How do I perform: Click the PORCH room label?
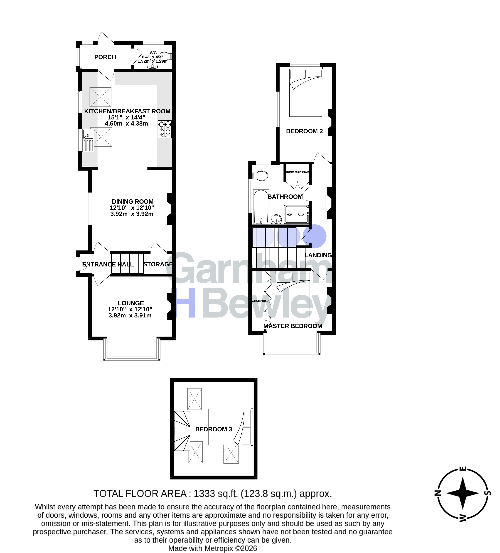pyautogui.click(x=105, y=57)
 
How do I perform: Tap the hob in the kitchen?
pyautogui.click(x=165, y=129)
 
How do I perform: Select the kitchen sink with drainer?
pyautogui.click(x=88, y=140)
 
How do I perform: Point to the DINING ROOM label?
pyautogui.click(x=132, y=202)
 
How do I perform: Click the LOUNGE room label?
pyautogui.click(x=131, y=303)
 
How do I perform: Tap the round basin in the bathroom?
pyautogui.click(x=276, y=219)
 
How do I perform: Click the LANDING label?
pyautogui.click(x=318, y=255)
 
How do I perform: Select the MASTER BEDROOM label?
pyautogui.click(x=293, y=326)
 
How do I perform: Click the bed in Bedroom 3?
pyautogui.click(x=230, y=427)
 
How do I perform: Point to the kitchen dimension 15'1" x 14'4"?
pyautogui.click(x=126, y=117)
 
